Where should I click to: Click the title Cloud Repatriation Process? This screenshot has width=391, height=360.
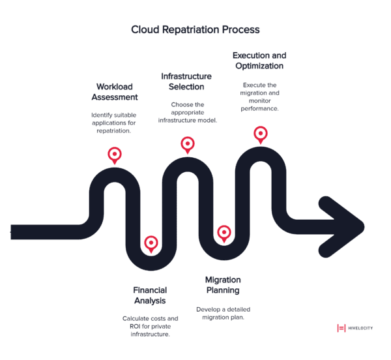coord(195,29)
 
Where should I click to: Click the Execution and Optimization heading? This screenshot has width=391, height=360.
coord(259,61)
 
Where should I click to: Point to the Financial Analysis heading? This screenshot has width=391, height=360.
coord(150,295)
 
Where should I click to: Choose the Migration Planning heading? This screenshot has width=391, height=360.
coord(223,285)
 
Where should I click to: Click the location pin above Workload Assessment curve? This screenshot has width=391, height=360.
coord(115,155)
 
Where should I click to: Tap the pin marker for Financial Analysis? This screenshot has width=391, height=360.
coord(151,243)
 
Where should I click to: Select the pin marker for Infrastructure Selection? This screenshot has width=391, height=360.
coord(188,144)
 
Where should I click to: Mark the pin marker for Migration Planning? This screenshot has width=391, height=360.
coord(224,232)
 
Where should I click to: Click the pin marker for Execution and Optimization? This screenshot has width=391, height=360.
coord(261,134)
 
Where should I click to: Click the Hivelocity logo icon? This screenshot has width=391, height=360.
coord(341,328)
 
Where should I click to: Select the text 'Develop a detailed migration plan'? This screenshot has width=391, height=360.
coord(223,313)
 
